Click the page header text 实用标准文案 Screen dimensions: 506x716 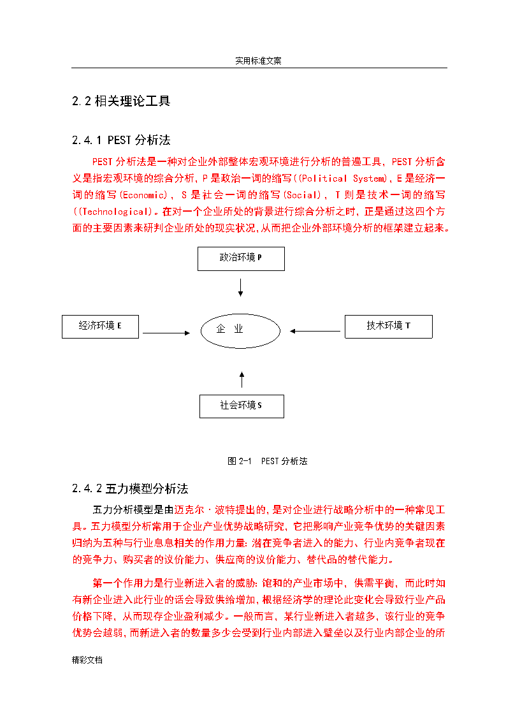point(258,61)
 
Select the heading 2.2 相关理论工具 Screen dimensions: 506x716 point(121,101)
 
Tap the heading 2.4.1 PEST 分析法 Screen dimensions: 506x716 point(121,140)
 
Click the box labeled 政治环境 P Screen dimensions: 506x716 point(241,259)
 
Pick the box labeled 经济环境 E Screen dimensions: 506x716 point(101,326)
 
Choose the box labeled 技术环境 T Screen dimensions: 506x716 point(389,326)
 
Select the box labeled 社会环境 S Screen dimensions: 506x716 point(242,406)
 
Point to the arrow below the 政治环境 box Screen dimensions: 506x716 point(240,288)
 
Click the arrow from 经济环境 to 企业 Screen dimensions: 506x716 point(166,333)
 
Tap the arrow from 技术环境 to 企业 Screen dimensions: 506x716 point(315,331)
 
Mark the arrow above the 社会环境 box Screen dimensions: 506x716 point(242,379)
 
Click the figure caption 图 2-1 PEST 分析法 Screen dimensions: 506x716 point(268,461)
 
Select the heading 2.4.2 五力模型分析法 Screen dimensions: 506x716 point(130,488)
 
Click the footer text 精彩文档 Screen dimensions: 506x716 point(87,660)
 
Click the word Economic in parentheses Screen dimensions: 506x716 point(144,195)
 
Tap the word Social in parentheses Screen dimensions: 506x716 point(303,195)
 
